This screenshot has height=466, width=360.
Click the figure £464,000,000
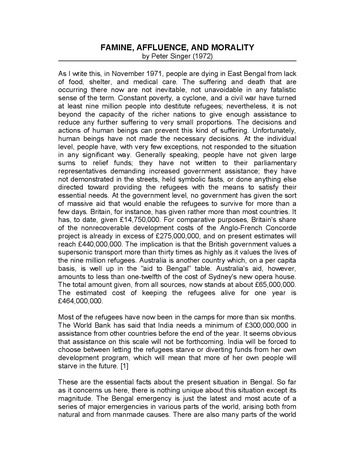(x=80, y=301)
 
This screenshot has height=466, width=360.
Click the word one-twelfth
(x=143, y=277)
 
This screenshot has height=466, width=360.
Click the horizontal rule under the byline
(x=177, y=61)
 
